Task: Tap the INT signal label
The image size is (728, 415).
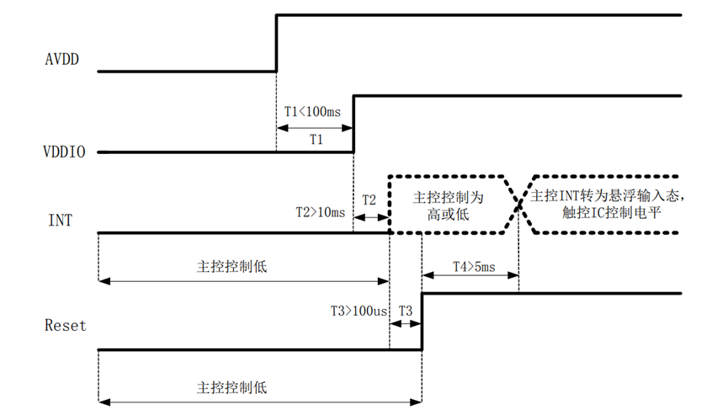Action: tap(60, 221)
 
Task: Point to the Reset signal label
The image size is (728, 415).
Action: tap(65, 325)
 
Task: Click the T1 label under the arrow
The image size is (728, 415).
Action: tap(316, 141)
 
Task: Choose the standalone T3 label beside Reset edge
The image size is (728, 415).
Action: tap(405, 311)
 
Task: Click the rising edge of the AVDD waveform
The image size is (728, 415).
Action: tap(277, 42)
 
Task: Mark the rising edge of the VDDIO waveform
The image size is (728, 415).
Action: tap(353, 124)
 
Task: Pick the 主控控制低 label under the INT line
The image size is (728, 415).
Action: tap(231, 266)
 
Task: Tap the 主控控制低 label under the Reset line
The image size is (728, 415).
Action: tap(231, 388)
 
